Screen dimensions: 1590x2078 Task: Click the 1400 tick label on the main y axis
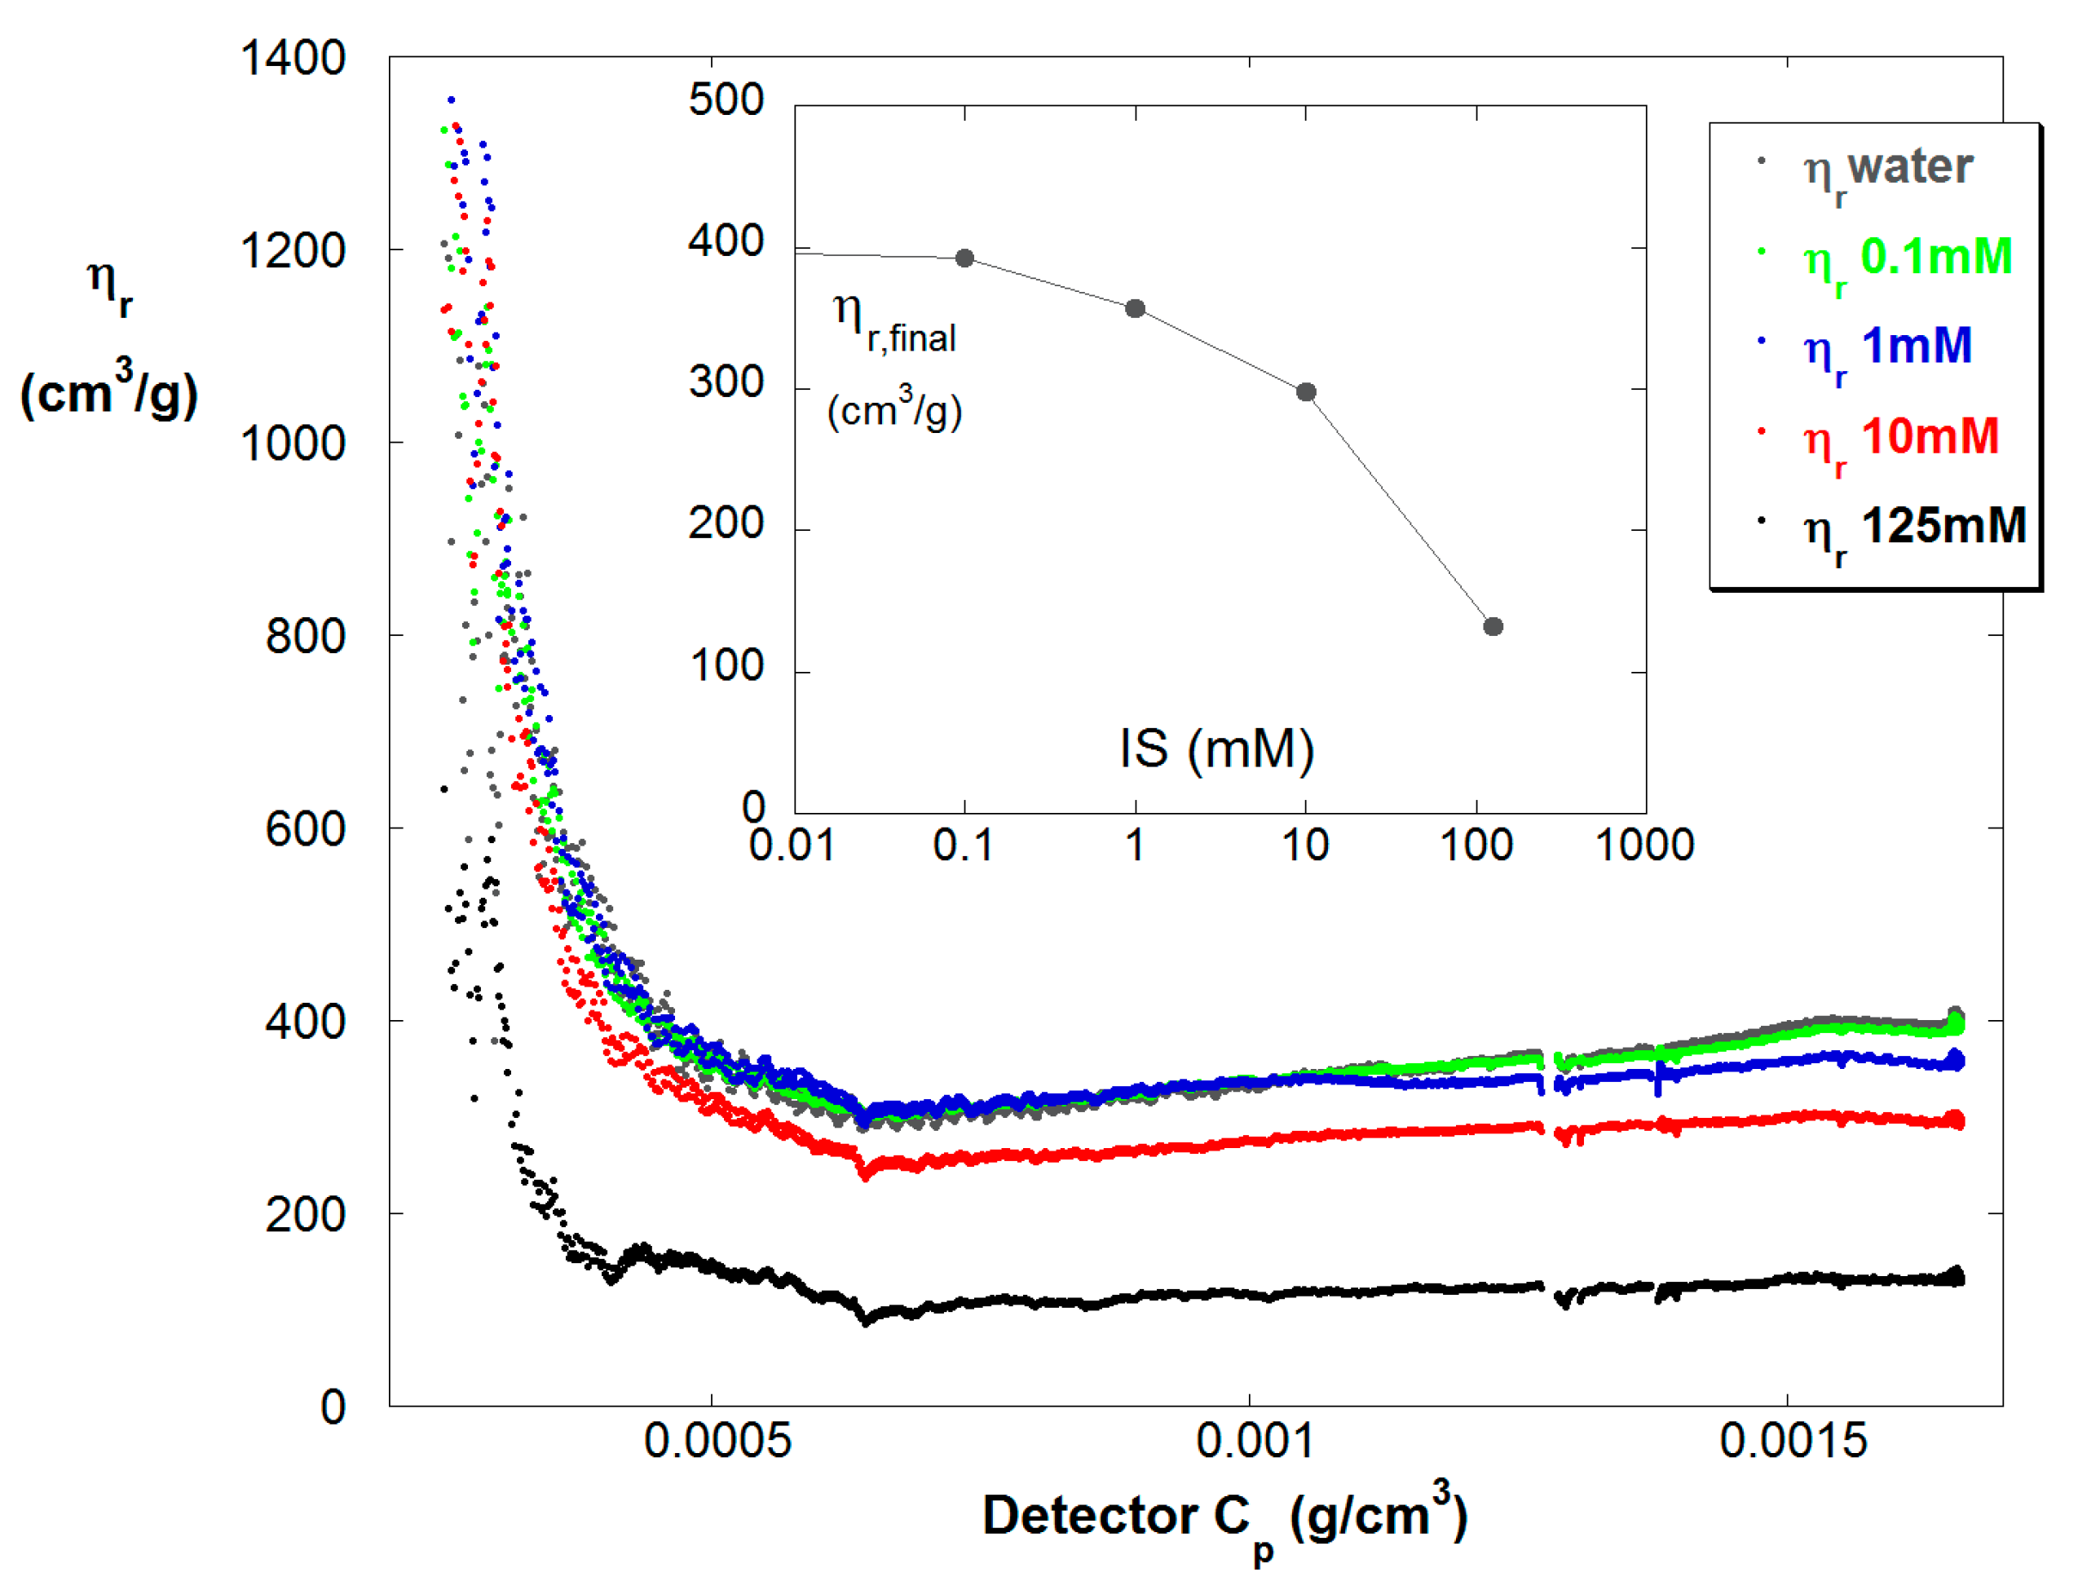click(x=293, y=59)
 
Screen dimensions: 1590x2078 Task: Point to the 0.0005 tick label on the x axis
click(x=717, y=1442)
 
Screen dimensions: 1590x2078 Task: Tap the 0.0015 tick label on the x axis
click(x=1792, y=1442)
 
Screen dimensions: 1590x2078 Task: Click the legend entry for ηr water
click(x=1887, y=170)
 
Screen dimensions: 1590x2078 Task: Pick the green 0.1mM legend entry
click(x=1906, y=258)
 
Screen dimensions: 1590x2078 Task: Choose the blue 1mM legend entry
click(x=1887, y=347)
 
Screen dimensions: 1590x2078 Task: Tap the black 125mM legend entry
click(x=1913, y=528)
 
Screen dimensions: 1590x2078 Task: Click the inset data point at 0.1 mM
click(x=964, y=258)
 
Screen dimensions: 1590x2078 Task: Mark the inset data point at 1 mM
click(x=1136, y=308)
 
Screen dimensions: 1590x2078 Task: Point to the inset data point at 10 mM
click(x=1306, y=392)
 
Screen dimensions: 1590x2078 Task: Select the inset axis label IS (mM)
click(x=1217, y=749)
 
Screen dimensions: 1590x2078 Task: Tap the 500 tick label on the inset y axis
click(x=726, y=100)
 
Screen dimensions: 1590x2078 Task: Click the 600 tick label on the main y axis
click(x=305, y=830)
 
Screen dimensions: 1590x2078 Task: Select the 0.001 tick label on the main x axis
click(x=1255, y=1442)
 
